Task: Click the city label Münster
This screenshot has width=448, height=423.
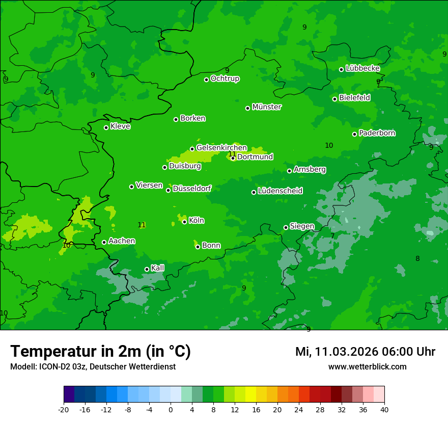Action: click(x=266, y=107)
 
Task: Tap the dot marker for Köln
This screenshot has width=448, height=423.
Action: click(x=184, y=222)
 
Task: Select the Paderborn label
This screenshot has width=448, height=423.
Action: click(x=377, y=133)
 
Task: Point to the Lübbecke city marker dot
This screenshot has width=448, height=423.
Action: click(x=341, y=69)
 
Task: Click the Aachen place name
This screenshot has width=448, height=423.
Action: click(x=122, y=241)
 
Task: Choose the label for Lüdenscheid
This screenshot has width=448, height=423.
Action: click(x=280, y=191)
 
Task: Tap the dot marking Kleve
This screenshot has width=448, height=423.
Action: click(x=106, y=127)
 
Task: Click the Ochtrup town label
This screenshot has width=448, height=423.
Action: click(x=225, y=78)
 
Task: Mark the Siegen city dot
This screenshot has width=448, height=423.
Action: click(x=286, y=227)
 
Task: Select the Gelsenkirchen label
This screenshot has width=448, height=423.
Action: click(x=221, y=148)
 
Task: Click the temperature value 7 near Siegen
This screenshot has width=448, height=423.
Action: click(x=332, y=236)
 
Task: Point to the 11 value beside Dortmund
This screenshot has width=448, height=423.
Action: click(x=232, y=154)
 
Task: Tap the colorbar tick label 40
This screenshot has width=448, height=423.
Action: click(x=384, y=409)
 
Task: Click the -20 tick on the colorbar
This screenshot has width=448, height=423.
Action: click(x=64, y=409)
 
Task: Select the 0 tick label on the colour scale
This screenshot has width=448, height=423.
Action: click(x=171, y=409)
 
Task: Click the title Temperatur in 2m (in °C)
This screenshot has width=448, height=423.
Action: click(x=100, y=351)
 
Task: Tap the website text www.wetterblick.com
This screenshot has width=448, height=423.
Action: click(x=367, y=366)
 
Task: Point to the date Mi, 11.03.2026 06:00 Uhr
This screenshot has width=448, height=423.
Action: click(x=365, y=352)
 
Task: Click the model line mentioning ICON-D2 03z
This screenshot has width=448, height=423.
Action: click(x=93, y=366)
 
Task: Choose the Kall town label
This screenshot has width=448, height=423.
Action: click(x=157, y=268)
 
